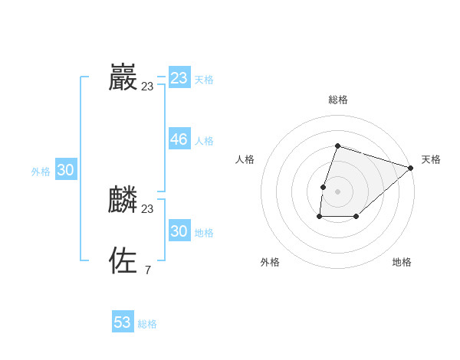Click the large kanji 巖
[x=123, y=77]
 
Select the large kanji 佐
[x=123, y=260]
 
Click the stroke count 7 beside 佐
[x=147, y=270]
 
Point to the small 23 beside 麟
[x=147, y=209]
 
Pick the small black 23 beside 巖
[x=147, y=87]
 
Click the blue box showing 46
[x=179, y=139]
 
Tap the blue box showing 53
[x=123, y=322]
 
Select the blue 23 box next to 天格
[x=179, y=78]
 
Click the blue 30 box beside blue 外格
[x=66, y=171]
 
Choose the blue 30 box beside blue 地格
[x=179, y=231]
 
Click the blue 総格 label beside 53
[x=147, y=324]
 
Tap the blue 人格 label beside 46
[x=204, y=141]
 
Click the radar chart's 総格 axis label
[x=338, y=100]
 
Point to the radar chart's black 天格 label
[x=431, y=159]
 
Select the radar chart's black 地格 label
[x=402, y=262]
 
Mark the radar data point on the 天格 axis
[x=411, y=168]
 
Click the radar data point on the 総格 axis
[x=338, y=146]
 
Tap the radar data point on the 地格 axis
[x=356, y=217]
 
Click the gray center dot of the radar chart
[x=338, y=191]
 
